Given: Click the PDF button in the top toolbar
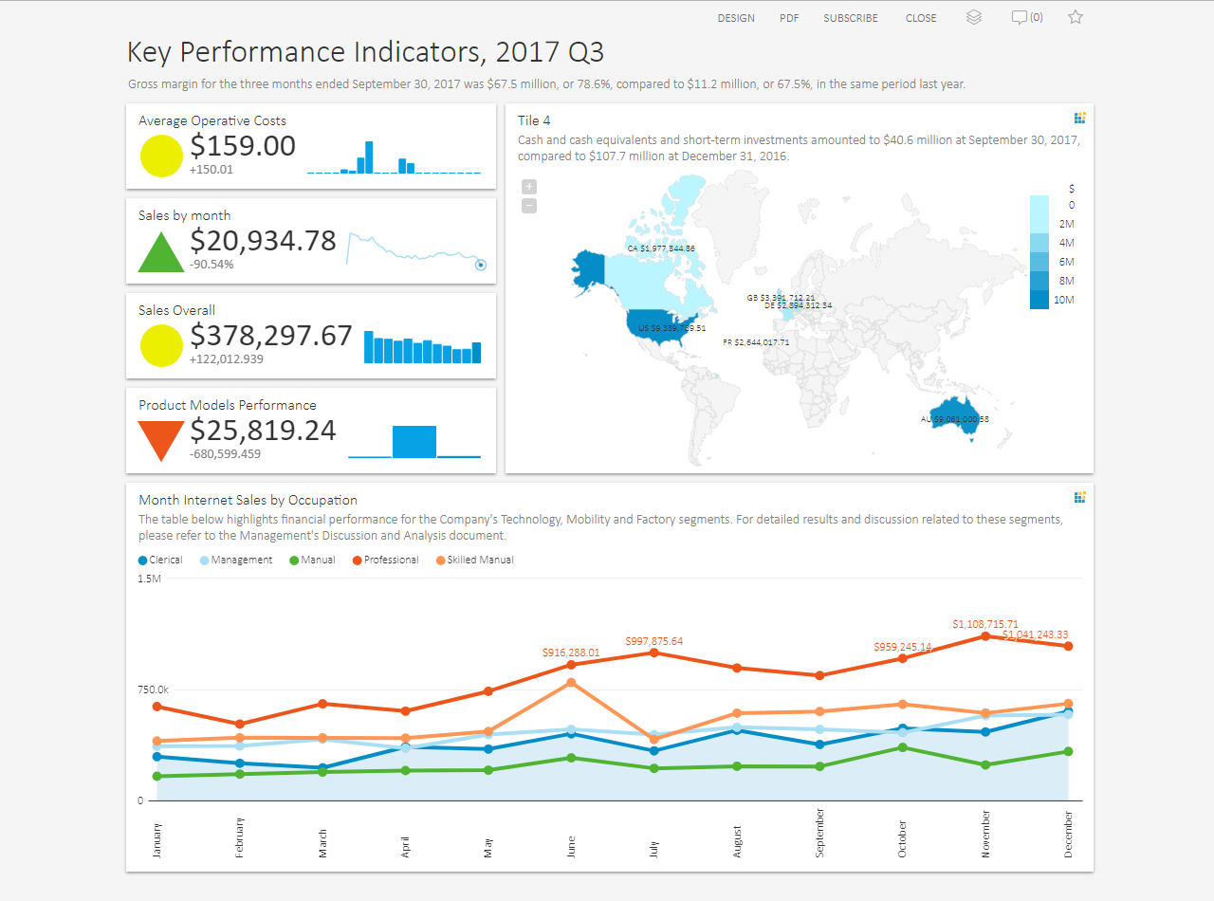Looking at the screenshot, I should click(x=789, y=18).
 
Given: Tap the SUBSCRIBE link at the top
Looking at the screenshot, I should click(x=850, y=18).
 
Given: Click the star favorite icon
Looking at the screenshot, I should click(x=1075, y=17).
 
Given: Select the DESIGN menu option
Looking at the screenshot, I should click(x=736, y=18).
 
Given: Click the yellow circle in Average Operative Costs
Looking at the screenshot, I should click(x=161, y=156).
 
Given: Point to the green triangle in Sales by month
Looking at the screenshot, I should click(x=161, y=252).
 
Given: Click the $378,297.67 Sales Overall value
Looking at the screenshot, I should click(x=271, y=336).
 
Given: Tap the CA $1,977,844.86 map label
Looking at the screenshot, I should click(x=661, y=248).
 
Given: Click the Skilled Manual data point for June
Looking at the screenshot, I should click(x=571, y=683).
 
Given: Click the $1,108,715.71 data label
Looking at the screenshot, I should click(x=985, y=624).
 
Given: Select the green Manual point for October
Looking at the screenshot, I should click(x=903, y=747).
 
